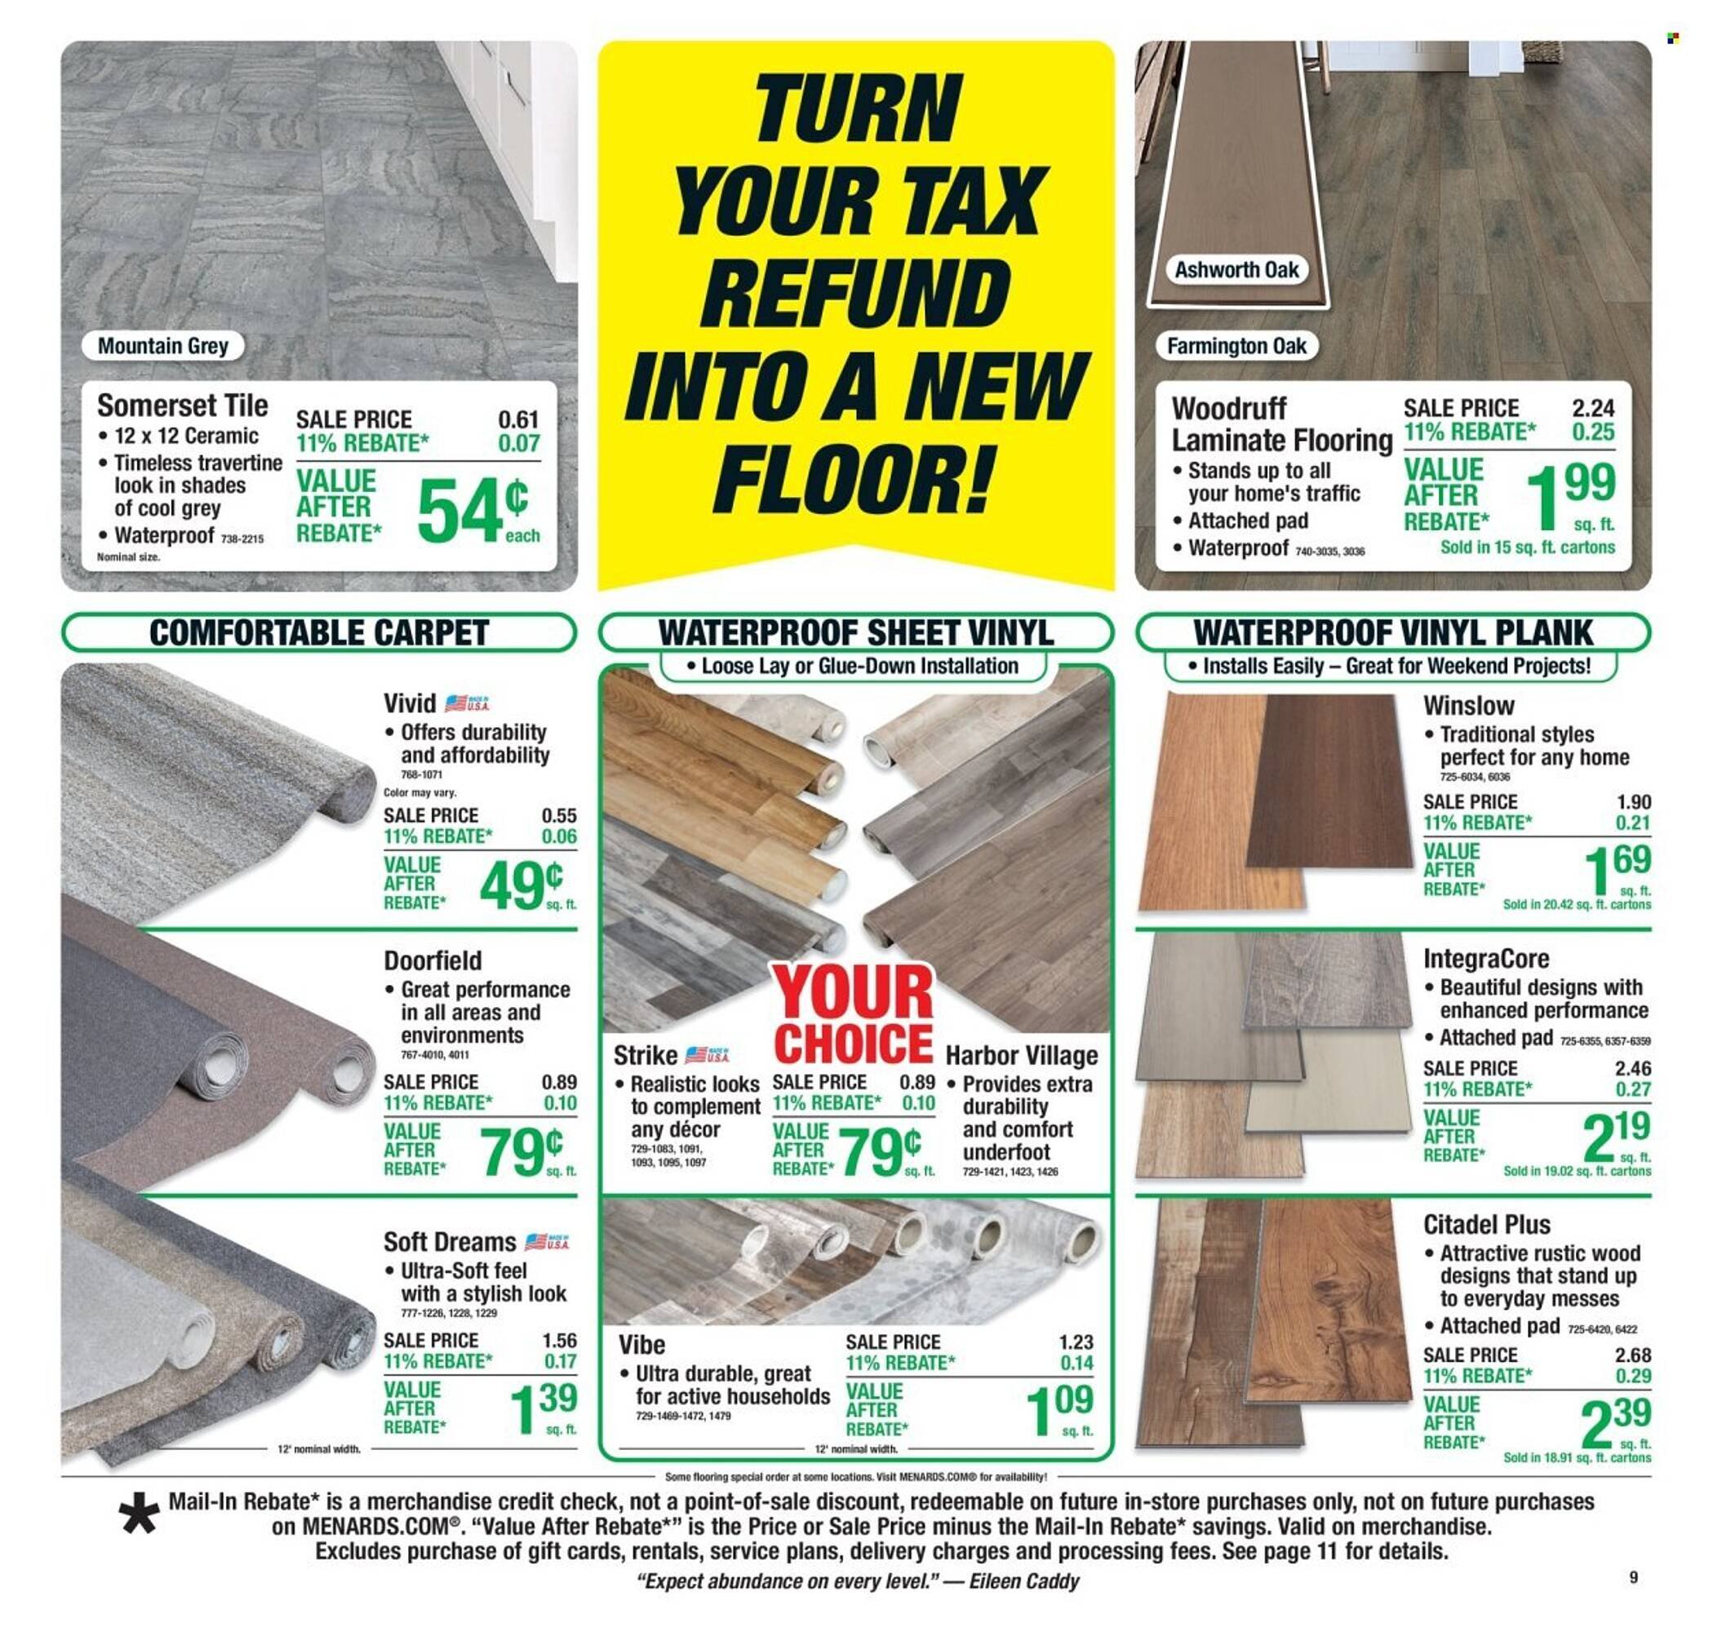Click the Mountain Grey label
162,346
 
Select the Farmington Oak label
1236,346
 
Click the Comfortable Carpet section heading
318,632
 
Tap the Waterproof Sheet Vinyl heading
855,632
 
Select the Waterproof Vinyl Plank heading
1392,632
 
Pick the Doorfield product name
433,960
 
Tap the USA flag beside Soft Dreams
546,1241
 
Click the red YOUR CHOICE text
853,1015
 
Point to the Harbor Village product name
1022,1055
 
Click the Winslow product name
1467,705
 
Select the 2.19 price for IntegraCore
1616,1134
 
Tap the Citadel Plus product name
1486,1225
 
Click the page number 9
1633,1577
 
